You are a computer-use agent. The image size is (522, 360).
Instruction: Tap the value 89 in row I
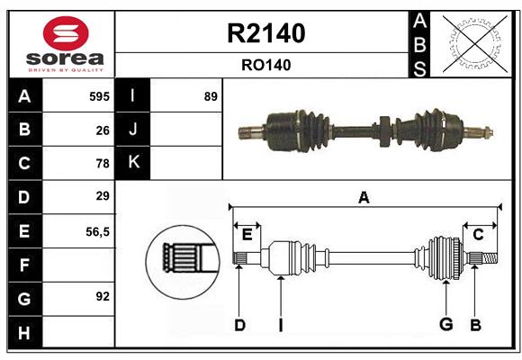(211, 96)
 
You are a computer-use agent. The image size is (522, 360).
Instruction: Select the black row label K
(134, 163)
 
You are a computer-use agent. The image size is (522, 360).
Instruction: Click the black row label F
(24, 265)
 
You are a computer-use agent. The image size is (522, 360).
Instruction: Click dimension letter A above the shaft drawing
(364, 197)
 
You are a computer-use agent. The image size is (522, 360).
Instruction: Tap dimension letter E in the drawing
(247, 235)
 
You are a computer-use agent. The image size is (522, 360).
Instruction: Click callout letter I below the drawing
(281, 325)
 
